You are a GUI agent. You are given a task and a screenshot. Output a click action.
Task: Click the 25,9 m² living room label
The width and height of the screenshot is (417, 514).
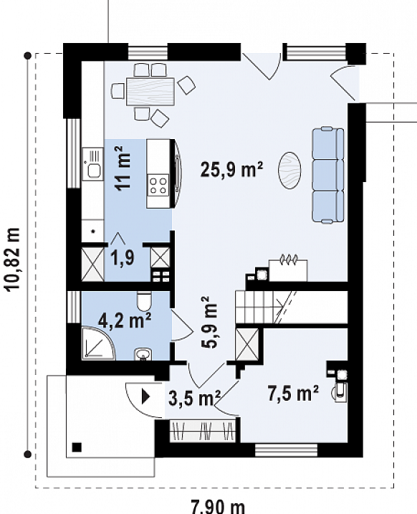tap(231, 169)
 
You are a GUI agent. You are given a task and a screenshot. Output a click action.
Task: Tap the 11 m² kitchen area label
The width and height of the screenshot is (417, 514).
tap(123, 168)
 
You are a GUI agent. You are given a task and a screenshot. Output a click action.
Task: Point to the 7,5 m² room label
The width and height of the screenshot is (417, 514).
tap(293, 393)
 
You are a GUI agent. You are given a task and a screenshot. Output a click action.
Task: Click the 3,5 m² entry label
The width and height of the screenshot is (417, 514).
tap(195, 398)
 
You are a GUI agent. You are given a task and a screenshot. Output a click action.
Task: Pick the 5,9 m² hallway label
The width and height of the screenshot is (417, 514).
tap(208, 322)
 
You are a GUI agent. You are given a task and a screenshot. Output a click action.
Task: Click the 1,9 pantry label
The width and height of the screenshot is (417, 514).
tap(123, 257)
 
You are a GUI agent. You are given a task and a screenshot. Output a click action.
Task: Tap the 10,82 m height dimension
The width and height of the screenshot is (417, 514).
tap(13, 259)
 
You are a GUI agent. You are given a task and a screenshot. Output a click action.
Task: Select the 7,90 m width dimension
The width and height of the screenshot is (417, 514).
tap(218, 507)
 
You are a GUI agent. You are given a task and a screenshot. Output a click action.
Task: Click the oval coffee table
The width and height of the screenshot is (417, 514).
tap(289, 170)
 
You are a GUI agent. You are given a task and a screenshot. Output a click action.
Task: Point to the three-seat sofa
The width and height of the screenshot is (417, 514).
tap(328, 176)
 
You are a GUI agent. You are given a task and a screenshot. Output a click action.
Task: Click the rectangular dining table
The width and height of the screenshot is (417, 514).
tap(150, 92)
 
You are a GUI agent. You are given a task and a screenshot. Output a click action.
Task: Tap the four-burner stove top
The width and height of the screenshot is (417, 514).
tap(158, 185)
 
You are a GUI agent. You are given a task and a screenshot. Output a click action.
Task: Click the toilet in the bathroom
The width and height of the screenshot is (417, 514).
tap(144, 301)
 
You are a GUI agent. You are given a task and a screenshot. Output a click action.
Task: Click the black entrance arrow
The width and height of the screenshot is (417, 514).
tap(145, 396)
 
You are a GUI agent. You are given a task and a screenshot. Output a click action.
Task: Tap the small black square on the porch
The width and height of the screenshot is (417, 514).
tap(77, 447)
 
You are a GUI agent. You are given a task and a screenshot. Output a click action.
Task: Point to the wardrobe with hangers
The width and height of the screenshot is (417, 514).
tap(203, 430)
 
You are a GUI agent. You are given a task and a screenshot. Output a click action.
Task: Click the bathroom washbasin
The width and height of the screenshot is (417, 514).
tap(143, 354)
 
